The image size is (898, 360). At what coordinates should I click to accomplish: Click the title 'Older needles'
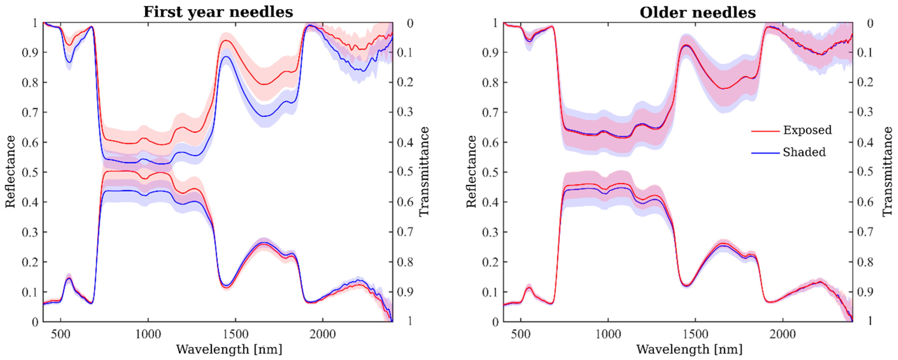[698, 13]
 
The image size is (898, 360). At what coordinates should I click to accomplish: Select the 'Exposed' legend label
[807, 130]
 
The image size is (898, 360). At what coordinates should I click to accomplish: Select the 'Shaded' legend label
[804, 152]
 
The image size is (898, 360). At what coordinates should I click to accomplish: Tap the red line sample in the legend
[765, 131]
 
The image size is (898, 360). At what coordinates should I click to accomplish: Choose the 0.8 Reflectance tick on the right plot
[490, 83]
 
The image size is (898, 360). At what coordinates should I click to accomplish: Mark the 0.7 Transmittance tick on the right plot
[865, 232]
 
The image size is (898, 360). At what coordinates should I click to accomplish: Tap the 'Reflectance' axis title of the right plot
[471, 172]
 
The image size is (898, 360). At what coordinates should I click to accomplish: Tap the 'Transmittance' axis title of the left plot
[423, 172]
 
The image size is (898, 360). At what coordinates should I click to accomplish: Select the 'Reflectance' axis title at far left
[10, 172]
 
